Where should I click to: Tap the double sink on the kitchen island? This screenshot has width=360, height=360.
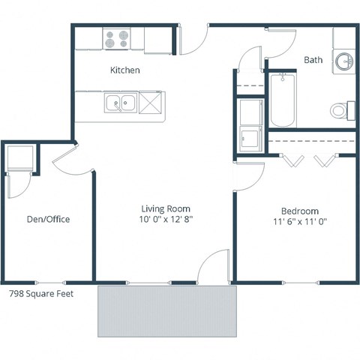(x=120, y=103)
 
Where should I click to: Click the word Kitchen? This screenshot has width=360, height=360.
(x=125, y=70)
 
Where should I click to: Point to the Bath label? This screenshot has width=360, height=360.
(x=313, y=59)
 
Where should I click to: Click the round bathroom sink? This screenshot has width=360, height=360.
(x=344, y=61)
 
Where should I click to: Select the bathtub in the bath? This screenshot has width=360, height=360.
(x=283, y=100)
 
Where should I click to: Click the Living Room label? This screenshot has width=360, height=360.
(x=166, y=208)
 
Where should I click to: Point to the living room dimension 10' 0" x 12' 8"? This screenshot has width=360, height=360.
(x=166, y=220)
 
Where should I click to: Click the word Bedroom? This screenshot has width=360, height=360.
(x=300, y=211)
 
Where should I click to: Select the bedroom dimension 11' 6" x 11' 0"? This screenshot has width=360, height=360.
(x=300, y=222)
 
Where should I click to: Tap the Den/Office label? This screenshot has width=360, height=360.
(x=47, y=219)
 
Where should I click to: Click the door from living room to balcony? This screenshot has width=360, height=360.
(x=214, y=265)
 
